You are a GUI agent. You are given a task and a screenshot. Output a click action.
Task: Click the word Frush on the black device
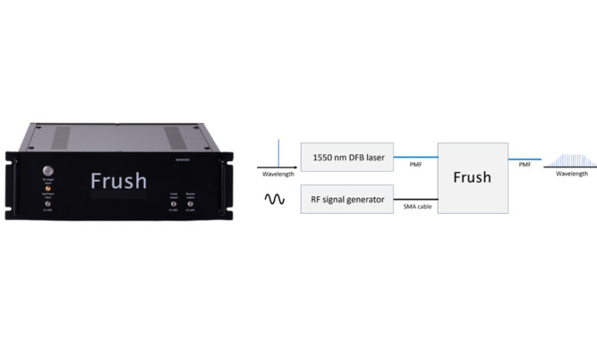119,181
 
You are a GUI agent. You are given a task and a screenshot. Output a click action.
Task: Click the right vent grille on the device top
175,137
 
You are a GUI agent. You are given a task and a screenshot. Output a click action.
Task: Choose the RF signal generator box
347,198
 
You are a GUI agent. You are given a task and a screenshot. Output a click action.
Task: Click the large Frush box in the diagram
471,178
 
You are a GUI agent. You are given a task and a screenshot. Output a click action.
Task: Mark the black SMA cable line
415,198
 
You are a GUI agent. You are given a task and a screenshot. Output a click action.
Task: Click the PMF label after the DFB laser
415,165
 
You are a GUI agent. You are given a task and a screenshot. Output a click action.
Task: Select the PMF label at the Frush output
525,165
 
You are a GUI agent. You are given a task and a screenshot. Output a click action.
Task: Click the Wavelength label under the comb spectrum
572,174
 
